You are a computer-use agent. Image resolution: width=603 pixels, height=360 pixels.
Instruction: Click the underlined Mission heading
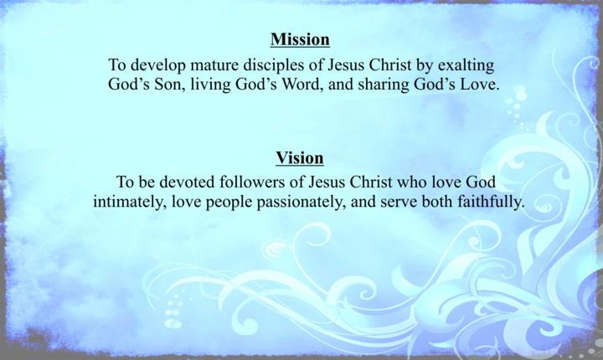pyautogui.click(x=300, y=39)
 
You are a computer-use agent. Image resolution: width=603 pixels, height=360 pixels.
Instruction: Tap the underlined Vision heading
pyautogui.click(x=300, y=158)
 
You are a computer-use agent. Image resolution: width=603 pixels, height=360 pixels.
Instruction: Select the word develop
pyautogui.click(x=158, y=66)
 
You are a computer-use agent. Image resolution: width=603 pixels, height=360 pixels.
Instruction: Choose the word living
pyautogui.click(x=211, y=85)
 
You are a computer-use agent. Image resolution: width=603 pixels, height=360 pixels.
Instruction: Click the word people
pyautogui.click(x=229, y=203)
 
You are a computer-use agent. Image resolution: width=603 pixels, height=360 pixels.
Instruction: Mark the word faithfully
pyautogui.click(x=491, y=203)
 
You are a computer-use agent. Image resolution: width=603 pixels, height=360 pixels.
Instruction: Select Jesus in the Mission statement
pyautogui.click(x=346, y=65)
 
